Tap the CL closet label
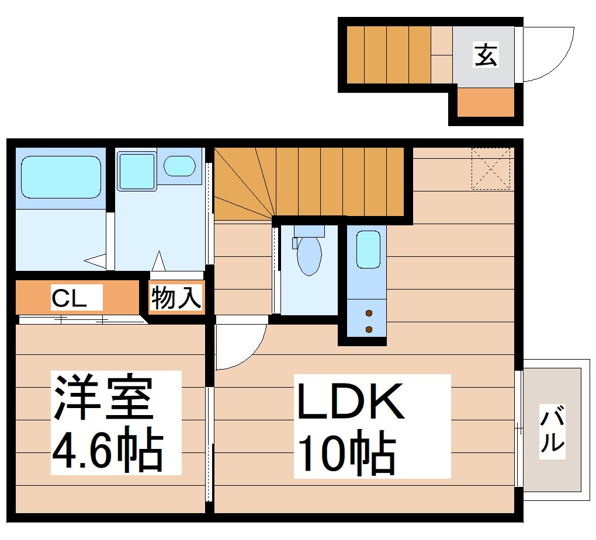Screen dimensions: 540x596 69,298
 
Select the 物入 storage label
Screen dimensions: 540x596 176,298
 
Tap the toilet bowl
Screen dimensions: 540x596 309,256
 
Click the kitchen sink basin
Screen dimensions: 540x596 368,249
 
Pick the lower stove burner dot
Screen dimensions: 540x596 369,329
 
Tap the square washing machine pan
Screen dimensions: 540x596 137,170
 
